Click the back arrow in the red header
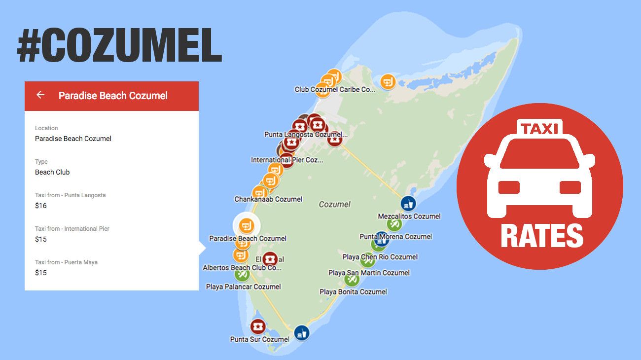coord(40,95)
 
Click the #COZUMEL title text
coord(119,46)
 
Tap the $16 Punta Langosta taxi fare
coord(41,206)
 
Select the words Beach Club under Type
coord(52,172)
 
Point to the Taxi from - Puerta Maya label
coord(66,262)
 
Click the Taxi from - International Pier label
coord(72,228)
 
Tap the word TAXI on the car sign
coord(539,129)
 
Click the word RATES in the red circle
coord(542,236)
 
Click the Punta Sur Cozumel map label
coord(260,339)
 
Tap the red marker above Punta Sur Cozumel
coord(258,326)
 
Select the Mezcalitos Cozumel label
coord(409,216)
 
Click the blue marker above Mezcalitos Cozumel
coord(408,203)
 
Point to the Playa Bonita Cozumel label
coord(353,291)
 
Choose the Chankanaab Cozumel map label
coord(268,199)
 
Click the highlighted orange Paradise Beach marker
coord(247,225)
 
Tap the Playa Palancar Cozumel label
coord(243,287)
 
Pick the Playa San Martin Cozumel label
coord(369,272)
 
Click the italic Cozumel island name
coord(335,204)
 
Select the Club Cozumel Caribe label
coord(335,89)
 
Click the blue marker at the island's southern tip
coord(301,333)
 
